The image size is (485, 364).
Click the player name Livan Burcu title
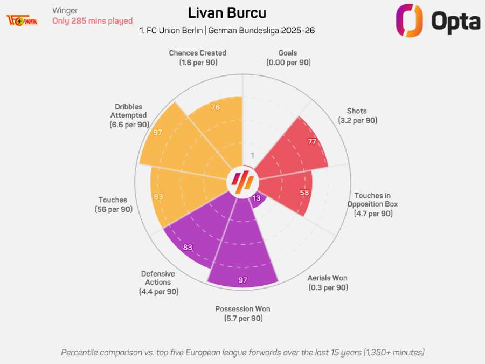coord(227,13)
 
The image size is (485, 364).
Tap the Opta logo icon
coord(409,20)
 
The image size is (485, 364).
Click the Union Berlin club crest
coord(22,20)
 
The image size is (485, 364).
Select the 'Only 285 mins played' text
coord(92,21)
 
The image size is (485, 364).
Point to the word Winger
coord(65,10)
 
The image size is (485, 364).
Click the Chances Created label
coord(197,58)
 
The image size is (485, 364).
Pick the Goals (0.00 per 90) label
coord(288,58)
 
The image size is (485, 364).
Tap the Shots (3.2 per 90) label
coord(358,115)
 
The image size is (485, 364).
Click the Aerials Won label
coord(328,283)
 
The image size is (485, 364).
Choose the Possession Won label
coord(242,313)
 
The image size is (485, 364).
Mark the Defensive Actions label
coord(158,283)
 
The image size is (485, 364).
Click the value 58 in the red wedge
coord(304,193)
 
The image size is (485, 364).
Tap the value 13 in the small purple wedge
coord(257,198)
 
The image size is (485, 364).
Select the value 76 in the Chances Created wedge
coord(215,107)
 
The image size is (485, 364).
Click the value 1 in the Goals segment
coord(252,156)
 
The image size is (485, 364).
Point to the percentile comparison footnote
coord(242,352)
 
